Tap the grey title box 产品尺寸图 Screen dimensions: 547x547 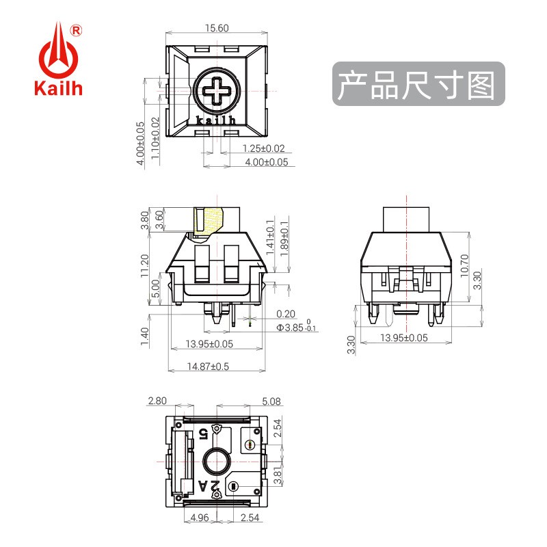click(x=418, y=83)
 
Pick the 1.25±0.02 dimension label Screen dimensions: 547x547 click(x=263, y=148)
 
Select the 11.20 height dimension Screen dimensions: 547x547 click(x=144, y=266)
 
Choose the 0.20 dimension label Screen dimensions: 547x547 click(x=286, y=315)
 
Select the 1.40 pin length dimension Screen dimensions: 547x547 click(x=144, y=336)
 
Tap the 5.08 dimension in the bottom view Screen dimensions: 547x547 click(x=271, y=401)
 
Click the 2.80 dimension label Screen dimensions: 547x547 click(x=157, y=401)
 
